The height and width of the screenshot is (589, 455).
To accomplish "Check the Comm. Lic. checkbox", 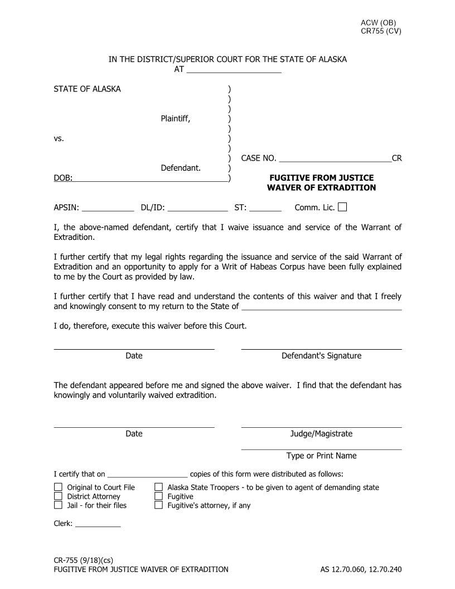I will (342, 207).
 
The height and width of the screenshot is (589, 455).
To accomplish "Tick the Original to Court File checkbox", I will (58, 487).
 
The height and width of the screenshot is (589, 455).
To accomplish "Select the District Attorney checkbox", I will (58, 496).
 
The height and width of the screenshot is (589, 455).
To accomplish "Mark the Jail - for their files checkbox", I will (58, 505).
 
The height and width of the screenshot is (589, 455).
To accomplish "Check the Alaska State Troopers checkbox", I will (158, 487).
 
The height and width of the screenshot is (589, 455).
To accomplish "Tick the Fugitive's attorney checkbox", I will (158, 505).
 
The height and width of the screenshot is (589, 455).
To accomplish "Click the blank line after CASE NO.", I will (335, 158).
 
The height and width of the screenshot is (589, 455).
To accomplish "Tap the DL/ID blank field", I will (197, 208).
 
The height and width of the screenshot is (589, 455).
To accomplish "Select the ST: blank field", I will (265, 208).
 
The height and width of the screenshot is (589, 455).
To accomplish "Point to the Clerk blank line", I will (98, 523).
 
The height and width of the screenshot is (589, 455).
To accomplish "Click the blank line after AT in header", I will (234, 70).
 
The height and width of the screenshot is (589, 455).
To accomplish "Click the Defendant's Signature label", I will (321, 356).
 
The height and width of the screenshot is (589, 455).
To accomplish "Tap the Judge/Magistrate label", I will (321, 434).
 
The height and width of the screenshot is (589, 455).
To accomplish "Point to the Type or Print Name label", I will (321, 456).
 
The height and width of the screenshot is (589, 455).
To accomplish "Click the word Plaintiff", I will (176, 118).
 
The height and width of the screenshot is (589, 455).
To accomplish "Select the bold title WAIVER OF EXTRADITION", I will (321, 188).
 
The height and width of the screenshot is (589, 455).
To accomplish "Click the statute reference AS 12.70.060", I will (346, 569).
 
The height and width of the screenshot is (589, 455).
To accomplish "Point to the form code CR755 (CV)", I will (381, 31).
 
